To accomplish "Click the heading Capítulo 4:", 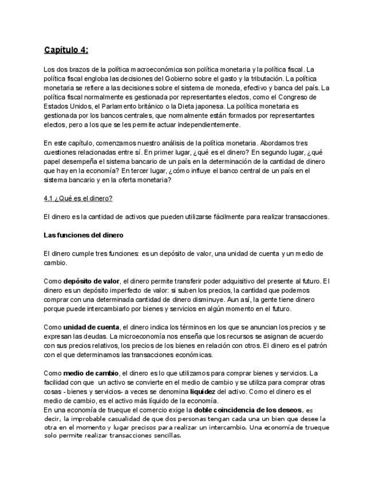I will pyautogui.click(x=66, y=50).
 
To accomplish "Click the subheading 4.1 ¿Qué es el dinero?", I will pyautogui.click(x=78, y=198).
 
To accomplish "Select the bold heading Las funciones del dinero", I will pyautogui.click(x=83, y=235).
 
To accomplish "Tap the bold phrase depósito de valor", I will pyautogui.click(x=91, y=281).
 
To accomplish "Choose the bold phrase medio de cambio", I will pyautogui.click(x=90, y=373).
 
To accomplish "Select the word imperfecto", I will pyautogui.click(x=107, y=290).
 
